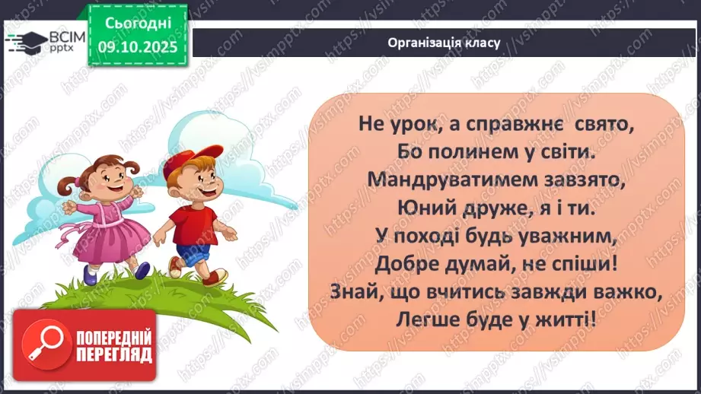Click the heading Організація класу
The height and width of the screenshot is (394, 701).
444,43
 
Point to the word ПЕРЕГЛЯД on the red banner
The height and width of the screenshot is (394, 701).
113,354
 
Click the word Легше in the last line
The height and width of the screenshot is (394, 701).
424,321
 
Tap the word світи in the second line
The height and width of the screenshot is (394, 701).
564,151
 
